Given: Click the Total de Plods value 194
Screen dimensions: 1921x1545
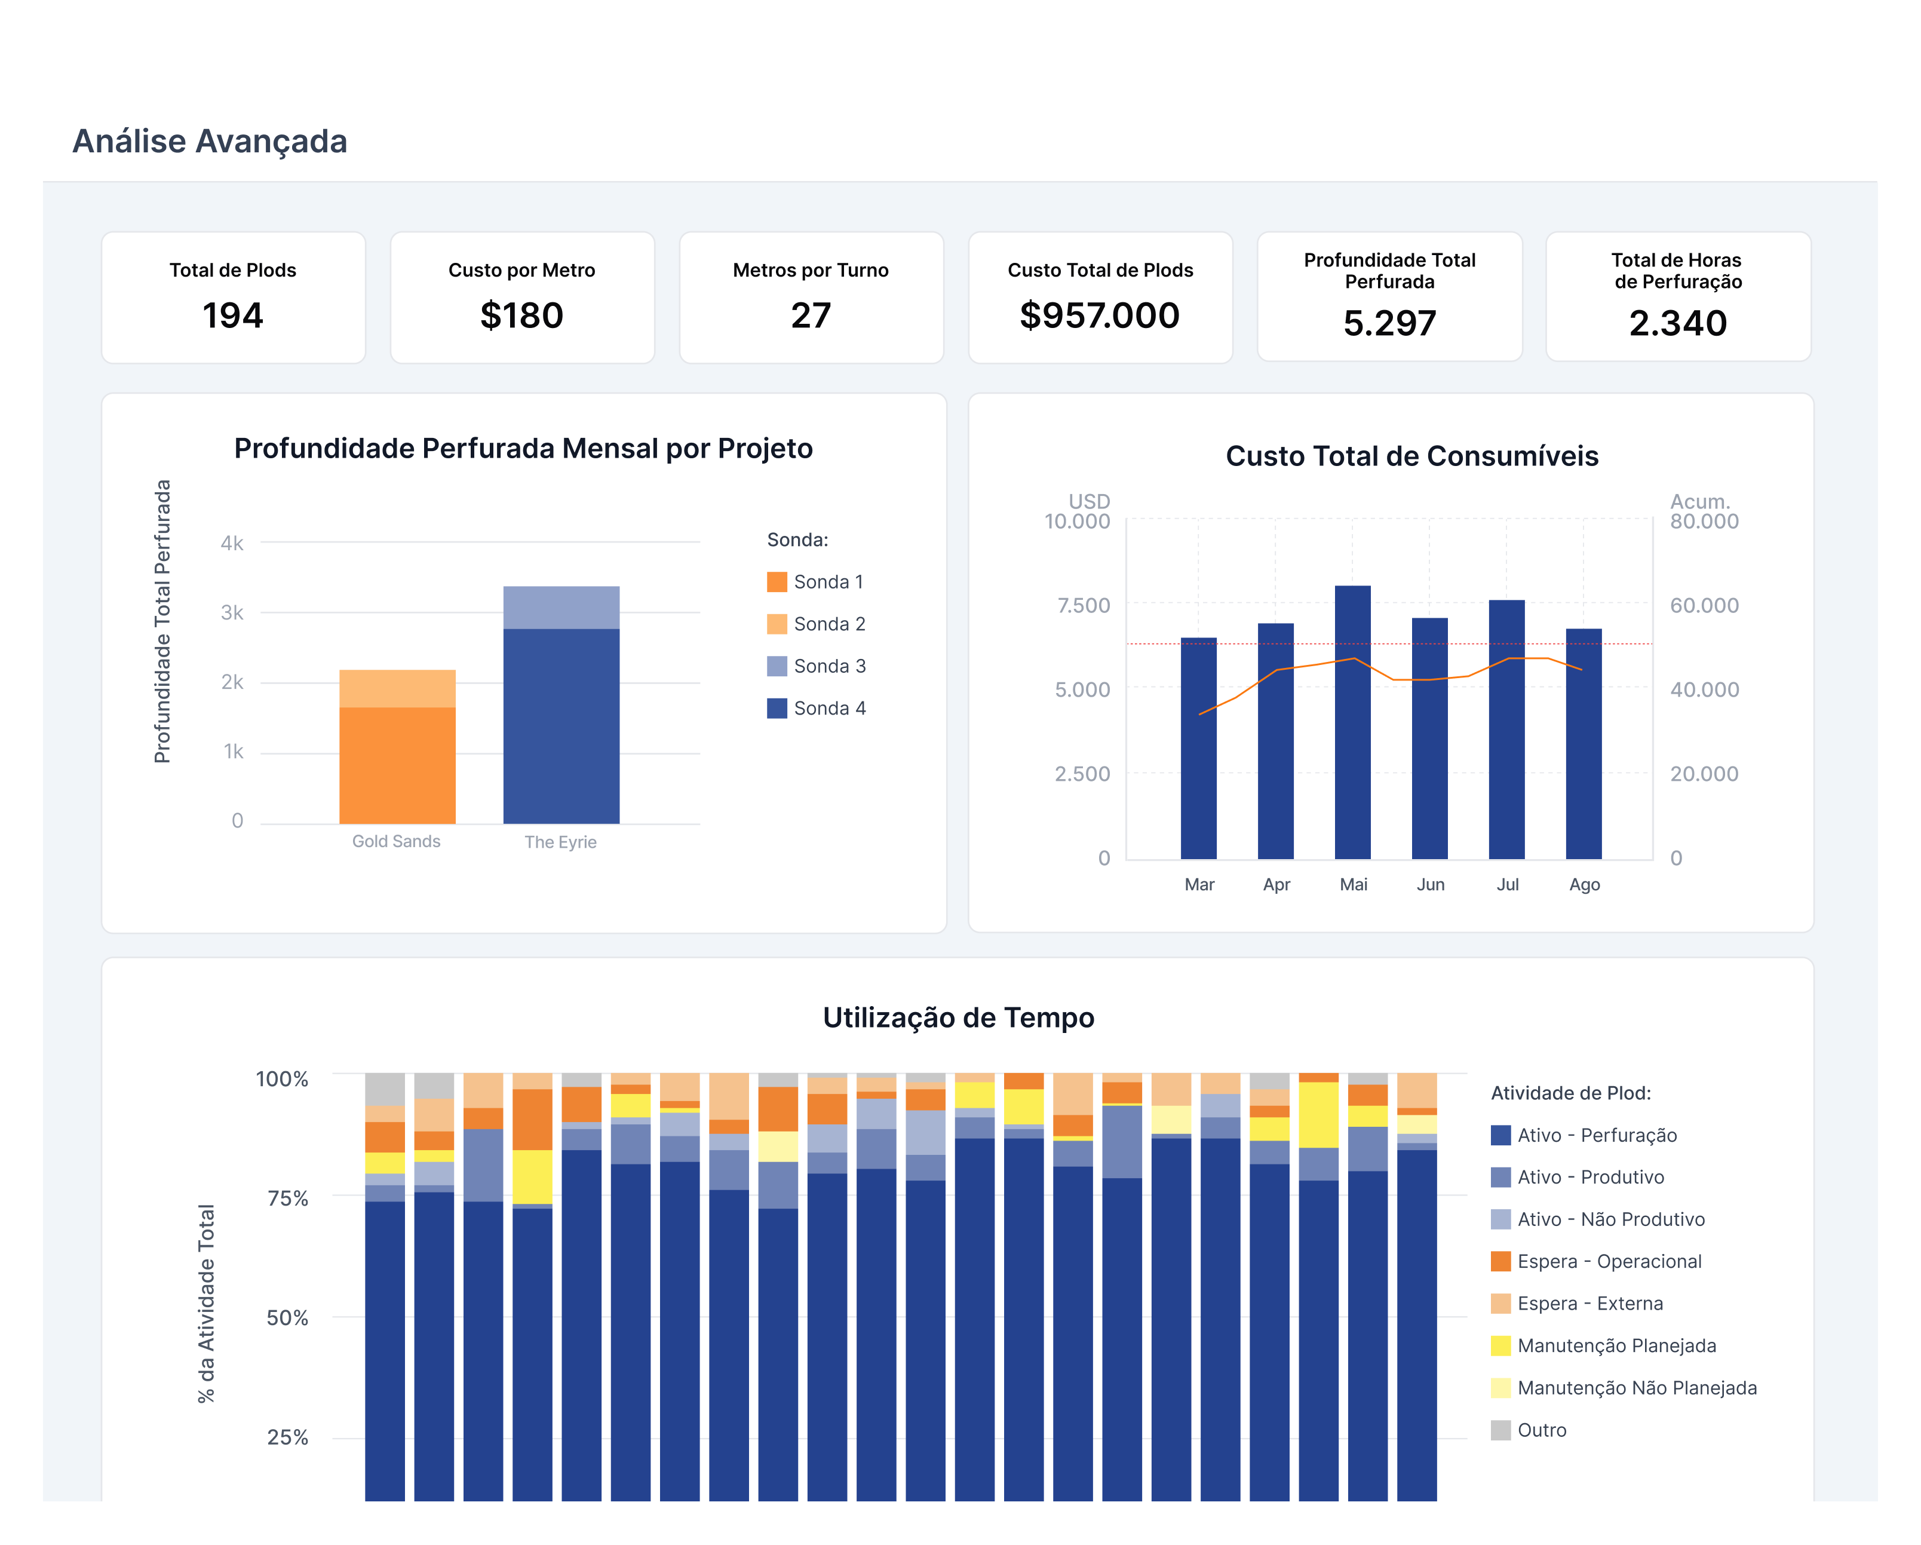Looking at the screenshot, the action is point(232,315).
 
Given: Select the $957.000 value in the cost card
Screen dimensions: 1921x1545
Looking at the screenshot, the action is point(1100,315).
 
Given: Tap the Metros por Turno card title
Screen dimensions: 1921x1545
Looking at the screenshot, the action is point(811,270).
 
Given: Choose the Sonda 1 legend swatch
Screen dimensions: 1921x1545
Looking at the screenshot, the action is point(777,582).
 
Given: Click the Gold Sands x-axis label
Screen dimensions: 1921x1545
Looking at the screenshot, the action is point(397,841).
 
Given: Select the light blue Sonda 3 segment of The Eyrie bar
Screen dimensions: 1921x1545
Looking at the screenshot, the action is point(561,608).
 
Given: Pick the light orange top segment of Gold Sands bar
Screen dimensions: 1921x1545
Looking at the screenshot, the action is point(397,689).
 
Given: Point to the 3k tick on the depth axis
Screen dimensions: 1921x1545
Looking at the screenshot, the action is point(232,613).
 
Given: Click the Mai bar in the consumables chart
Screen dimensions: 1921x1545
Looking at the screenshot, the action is point(1352,722).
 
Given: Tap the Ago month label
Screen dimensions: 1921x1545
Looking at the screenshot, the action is point(1584,885).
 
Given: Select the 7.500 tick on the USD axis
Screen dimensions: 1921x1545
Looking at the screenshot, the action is point(1084,606).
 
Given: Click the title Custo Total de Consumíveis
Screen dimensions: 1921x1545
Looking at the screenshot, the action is point(1412,456).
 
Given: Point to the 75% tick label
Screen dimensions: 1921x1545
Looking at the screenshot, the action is point(288,1198).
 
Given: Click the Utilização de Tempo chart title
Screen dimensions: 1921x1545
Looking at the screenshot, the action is point(959,1017).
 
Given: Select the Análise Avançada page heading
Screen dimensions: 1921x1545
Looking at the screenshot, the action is point(210,142).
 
